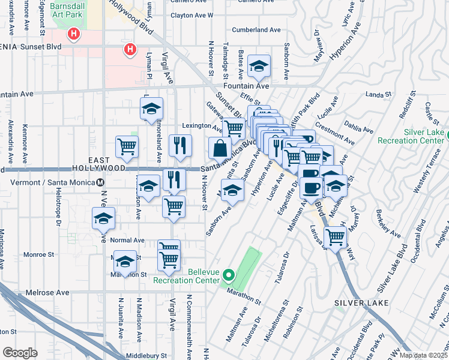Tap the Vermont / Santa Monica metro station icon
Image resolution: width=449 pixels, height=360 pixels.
[x=101, y=182]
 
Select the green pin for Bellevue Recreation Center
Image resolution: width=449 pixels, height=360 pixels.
[x=228, y=276]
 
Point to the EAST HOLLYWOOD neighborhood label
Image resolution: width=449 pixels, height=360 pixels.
[x=107, y=164]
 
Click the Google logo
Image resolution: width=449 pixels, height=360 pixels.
[x=20, y=352]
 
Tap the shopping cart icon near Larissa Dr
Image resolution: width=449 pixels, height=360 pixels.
[x=335, y=236]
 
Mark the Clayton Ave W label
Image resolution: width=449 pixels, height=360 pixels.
[x=192, y=15]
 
